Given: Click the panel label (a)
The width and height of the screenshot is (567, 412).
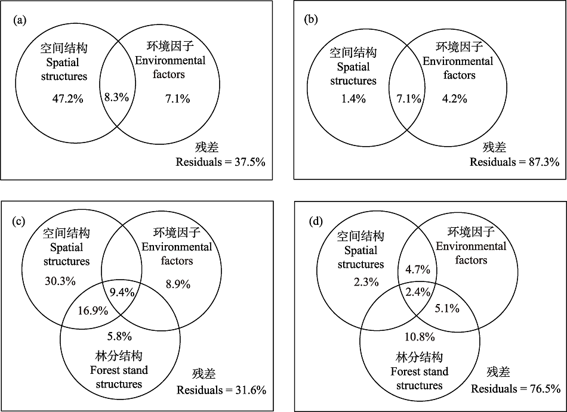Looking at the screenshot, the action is click(x=20, y=20).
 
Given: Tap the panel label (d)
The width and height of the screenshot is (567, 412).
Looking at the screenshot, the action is click(x=316, y=221).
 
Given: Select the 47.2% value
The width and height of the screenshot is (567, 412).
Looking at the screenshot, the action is click(x=67, y=98).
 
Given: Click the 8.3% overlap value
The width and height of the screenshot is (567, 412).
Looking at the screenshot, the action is click(x=116, y=97).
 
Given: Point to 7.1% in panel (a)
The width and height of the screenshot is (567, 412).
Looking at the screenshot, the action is click(x=177, y=98).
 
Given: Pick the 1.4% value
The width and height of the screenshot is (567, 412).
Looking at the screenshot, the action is click(x=353, y=98).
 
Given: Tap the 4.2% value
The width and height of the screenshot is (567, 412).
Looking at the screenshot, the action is click(x=455, y=98).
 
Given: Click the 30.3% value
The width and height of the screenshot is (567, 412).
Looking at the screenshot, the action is click(x=60, y=281).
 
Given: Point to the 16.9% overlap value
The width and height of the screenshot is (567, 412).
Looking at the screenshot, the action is click(x=93, y=311).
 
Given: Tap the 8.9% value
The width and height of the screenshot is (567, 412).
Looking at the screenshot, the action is click(x=178, y=284).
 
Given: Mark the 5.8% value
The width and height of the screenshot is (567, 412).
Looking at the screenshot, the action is click(x=119, y=336).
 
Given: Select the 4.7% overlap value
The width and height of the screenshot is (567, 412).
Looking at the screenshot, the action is click(x=418, y=269).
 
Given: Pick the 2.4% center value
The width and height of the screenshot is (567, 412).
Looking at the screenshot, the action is click(x=418, y=292).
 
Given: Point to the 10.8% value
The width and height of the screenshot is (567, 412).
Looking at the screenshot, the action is click(x=420, y=337).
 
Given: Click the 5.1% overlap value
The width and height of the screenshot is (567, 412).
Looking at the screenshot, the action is click(x=447, y=308).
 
